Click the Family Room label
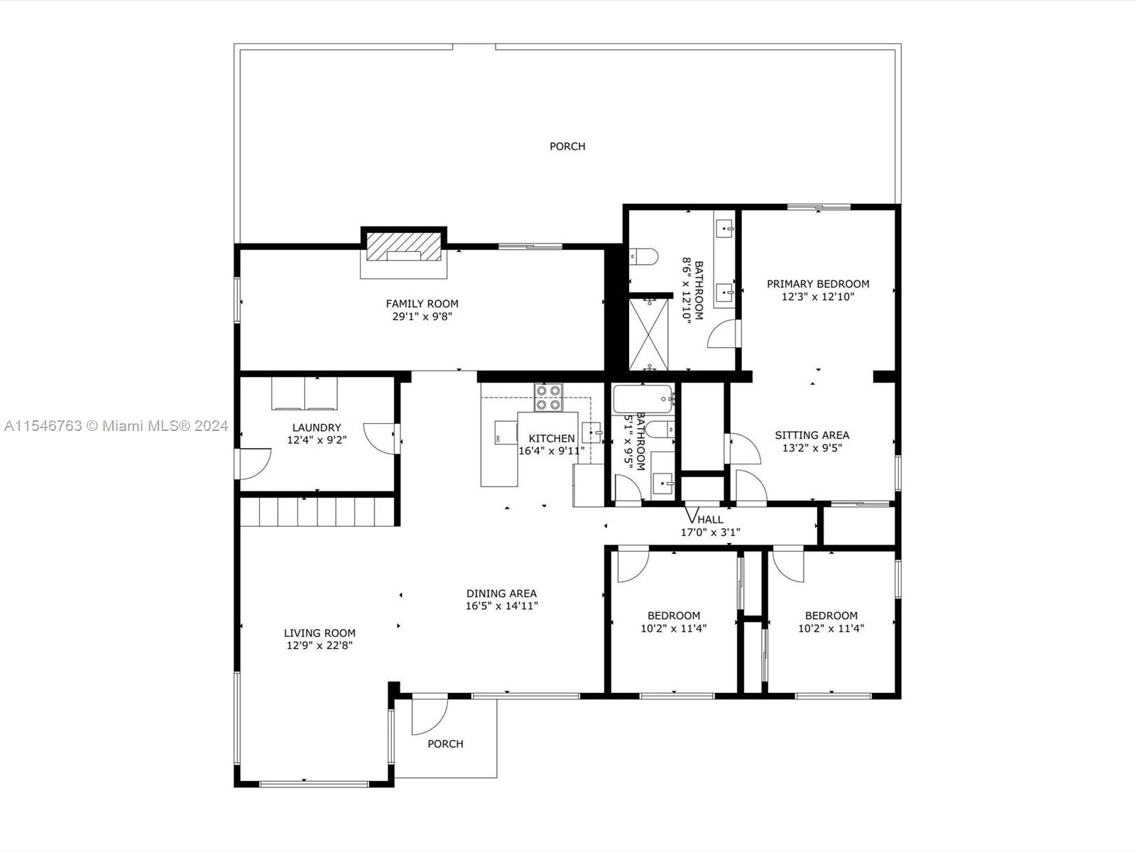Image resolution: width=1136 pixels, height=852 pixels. point(422,304)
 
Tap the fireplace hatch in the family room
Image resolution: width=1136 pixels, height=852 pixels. point(403,245)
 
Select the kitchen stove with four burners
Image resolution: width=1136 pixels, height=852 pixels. point(548,398)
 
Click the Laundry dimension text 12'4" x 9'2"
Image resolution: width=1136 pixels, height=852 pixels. point(317,440)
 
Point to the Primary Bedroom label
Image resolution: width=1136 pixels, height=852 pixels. point(818,284)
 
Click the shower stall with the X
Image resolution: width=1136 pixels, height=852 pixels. point(650,334)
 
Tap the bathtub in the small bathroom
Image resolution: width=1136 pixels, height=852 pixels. point(643,399)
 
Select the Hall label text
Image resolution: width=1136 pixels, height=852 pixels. point(710,520)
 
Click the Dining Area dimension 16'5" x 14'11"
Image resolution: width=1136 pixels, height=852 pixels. point(501,606)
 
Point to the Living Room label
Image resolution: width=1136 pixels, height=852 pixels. point(319,633)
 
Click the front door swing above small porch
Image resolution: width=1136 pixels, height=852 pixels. point(428,716)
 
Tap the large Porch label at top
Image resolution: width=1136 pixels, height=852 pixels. point(567,146)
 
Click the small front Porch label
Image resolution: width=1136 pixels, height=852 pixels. point(445,744)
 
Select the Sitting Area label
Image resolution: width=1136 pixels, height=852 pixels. point(812,435)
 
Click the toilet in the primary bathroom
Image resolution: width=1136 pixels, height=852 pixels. point(643,256)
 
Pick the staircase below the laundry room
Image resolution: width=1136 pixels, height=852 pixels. point(316,511)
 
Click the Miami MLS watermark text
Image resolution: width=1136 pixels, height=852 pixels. point(116,426)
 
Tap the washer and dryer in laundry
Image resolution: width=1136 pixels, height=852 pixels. point(305,393)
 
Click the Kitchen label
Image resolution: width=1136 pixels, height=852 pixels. point(552,439)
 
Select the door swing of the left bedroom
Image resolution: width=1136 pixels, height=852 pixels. point(631,565)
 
